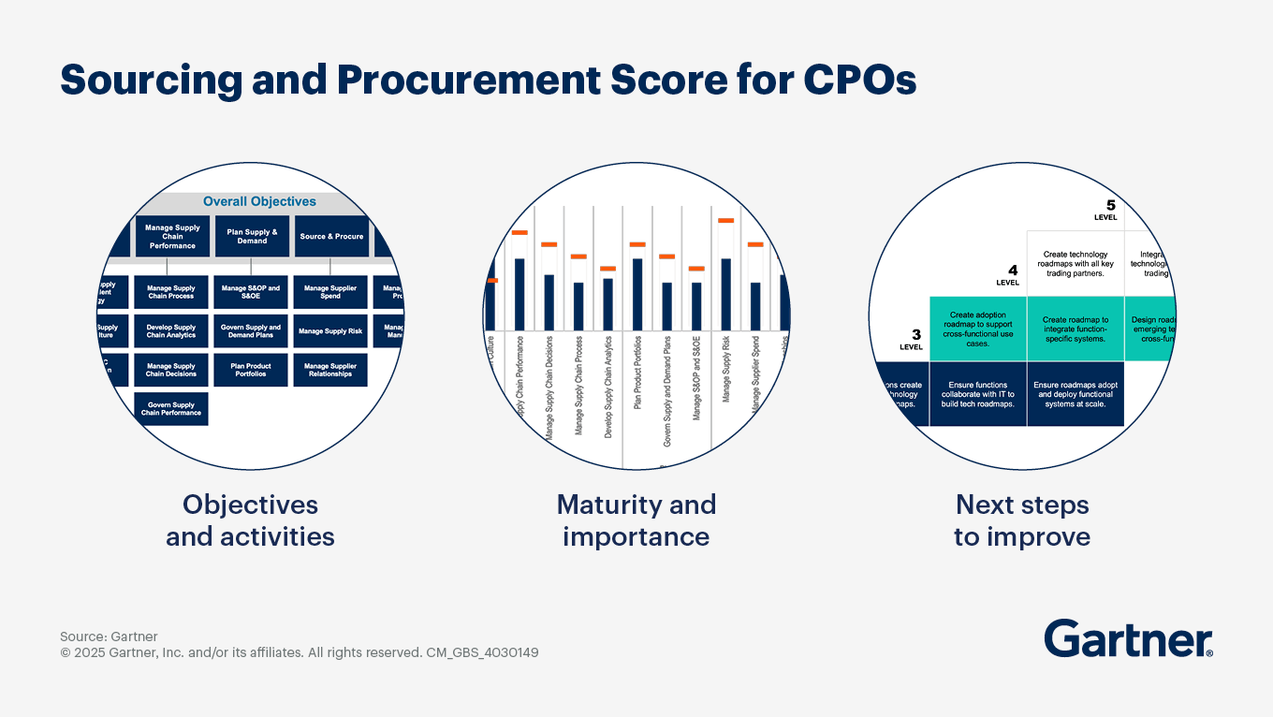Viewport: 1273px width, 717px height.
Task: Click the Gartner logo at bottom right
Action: click(1128, 639)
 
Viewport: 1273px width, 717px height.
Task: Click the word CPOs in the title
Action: click(859, 80)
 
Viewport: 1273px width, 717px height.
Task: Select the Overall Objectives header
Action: click(259, 201)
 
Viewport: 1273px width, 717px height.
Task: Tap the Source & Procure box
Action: click(331, 237)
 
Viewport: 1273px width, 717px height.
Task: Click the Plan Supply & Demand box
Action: click(252, 237)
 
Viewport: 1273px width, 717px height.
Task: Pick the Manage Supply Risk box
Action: click(329, 331)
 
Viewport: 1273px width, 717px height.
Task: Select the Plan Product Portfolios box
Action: click(251, 371)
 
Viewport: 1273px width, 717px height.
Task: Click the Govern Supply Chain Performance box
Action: click(171, 409)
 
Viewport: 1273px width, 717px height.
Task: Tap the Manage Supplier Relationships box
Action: click(329, 371)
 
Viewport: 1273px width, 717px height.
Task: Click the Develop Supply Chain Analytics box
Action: click(171, 331)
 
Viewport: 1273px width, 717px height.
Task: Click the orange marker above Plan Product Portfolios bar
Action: click(637, 244)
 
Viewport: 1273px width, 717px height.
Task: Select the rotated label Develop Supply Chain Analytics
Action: click(608, 387)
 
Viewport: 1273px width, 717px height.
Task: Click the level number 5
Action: click(1110, 205)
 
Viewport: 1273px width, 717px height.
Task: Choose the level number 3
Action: click(915, 334)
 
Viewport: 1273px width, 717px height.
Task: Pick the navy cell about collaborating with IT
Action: click(977, 394)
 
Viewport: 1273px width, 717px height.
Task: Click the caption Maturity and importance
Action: click(636, 520)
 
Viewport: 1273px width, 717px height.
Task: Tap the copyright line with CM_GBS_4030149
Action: click(300, 652)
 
